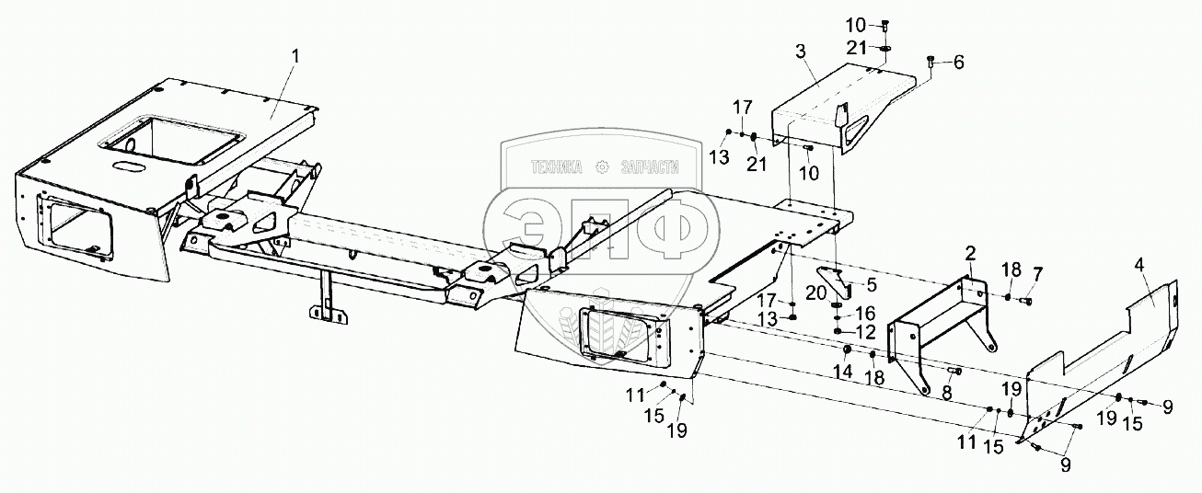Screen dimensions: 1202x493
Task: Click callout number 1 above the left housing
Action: pyautogui.click(x=295, y=56)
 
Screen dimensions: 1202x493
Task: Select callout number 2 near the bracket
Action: pyautogui.click(x=970, y=252)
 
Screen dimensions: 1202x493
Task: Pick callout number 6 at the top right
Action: pyautogui.click(x=959, y=63)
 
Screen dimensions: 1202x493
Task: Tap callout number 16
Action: pyautogui.click(x=867, y=313)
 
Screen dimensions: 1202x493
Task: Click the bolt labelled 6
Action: pyautogui.click(x=931, y=63)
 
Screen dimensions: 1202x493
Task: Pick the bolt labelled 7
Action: pyautogui.click(x=1026, y=299)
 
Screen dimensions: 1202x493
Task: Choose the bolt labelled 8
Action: pyautogui.click(x=954, y=371)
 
